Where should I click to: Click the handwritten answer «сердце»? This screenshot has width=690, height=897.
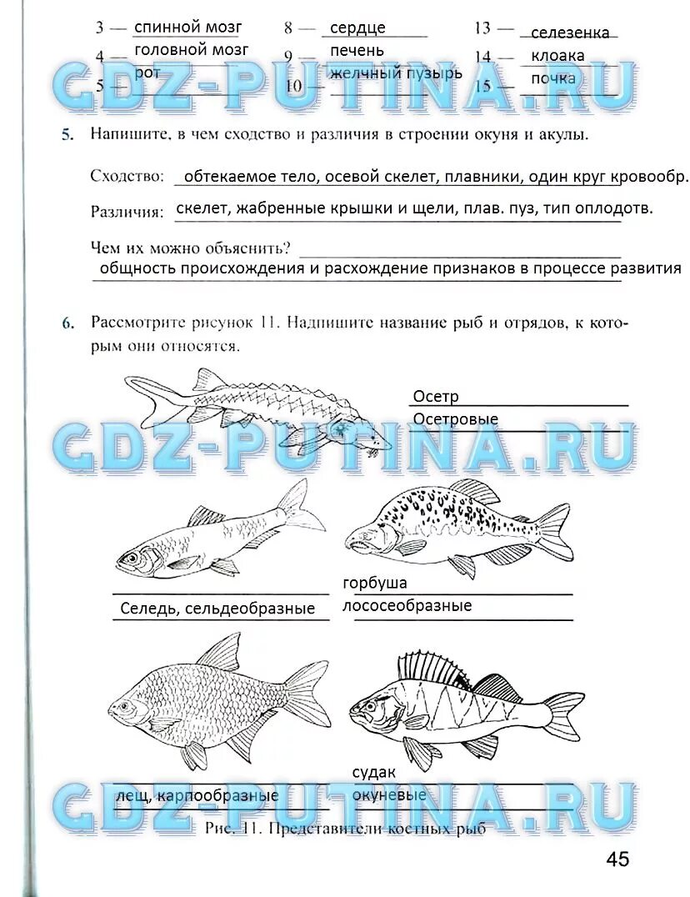pyautogui.click(x=357, y=28)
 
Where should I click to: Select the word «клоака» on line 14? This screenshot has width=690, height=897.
pyautogui.click(x=557, y=57)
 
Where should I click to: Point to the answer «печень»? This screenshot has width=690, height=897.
pyautogui.click(x=357, y=51)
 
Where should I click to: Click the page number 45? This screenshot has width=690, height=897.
pyautogui.click(x=617, y=859)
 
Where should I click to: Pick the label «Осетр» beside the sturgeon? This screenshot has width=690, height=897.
pyautogui.click(x=436, y=397)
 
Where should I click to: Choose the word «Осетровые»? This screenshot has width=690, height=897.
pyautogui.click(x=455, y=419)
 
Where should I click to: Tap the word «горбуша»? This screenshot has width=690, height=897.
pyautogui.click(x=375, y=583)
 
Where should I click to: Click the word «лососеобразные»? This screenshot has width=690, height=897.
pyautogui.click(x=407, y=606)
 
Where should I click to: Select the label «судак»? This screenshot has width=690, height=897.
pyautogui.click(x=373, y=773)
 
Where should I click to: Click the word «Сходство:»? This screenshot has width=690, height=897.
pyautogui.click(x=126, y=177)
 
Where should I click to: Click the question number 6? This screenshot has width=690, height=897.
pyautogui.click(x=67, y=323)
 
